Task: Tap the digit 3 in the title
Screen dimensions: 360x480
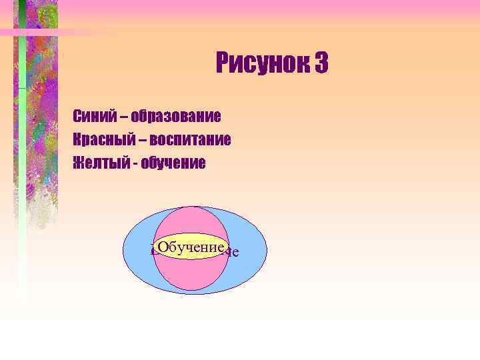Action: click(320, 64)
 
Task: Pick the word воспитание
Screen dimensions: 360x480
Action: click(190, 140)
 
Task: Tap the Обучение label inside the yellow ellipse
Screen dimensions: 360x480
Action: click(190, 247)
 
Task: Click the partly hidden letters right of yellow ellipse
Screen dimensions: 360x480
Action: click(232, 253)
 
